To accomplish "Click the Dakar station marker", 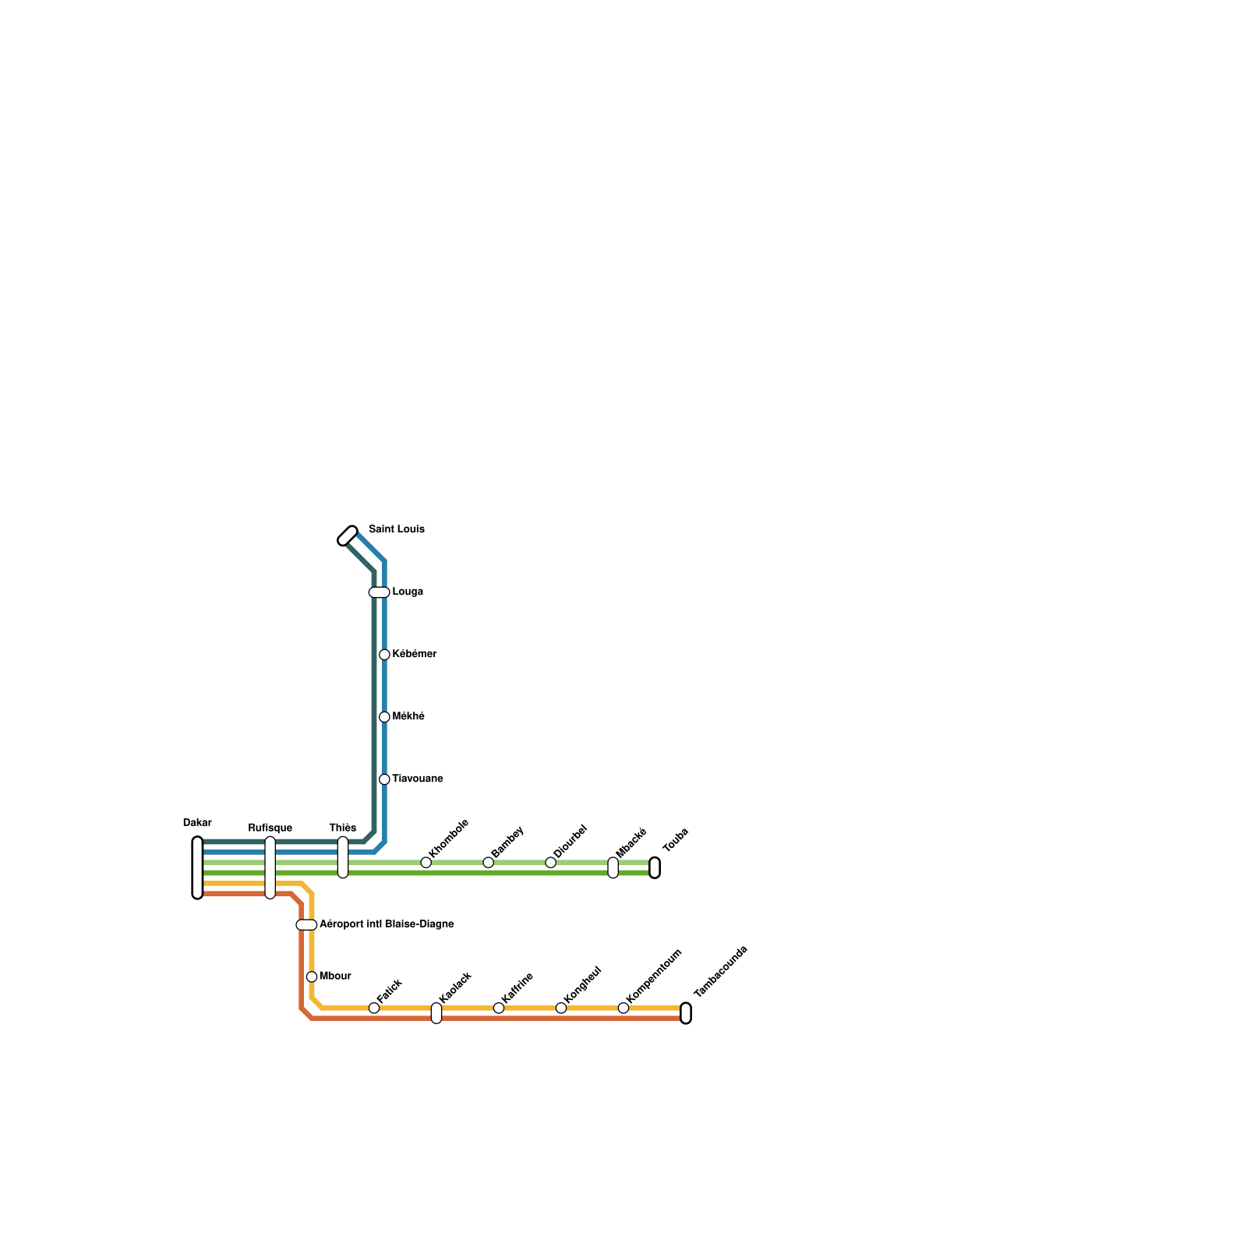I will pos(197,867).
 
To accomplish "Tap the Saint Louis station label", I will pos(396,529).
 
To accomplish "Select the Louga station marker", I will pos(379,592).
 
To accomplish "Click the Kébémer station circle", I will pos(384,655).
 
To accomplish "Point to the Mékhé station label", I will pos(408,716).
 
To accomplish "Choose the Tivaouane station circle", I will pos(384,779).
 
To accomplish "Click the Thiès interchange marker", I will pos(343,857).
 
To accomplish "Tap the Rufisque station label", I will pos(270,828).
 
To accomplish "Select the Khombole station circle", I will pos(426,862).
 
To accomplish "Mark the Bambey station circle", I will pos(488,862).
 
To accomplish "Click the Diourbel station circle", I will pos(550,862).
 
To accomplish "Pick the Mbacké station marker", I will pos(613,867).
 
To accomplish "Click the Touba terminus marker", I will pos(655,867).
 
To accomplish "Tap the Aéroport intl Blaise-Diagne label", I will pos(387,924).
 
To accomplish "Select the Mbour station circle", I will pos(312,977).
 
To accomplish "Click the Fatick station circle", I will pos(374,1008).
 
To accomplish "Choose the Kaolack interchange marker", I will pos(436,1013).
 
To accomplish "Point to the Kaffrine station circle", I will pos(499,1008).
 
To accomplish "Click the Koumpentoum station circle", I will pos(623,1008).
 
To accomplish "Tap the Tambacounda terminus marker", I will pos(686,1013).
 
